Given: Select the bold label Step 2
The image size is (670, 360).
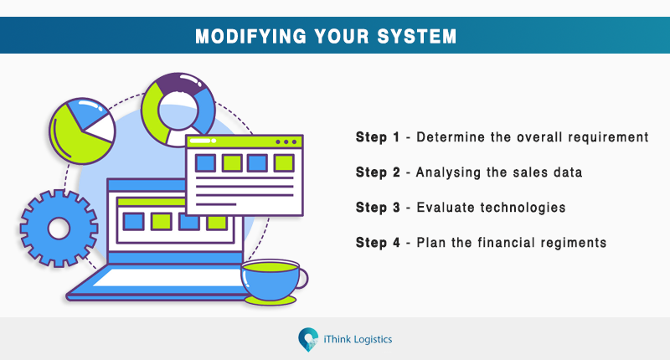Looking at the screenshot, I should click(x=377, y=172).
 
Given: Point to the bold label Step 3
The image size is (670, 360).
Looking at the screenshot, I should click(x=377, y=208).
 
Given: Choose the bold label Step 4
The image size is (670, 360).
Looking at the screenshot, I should click(x=377, y=243).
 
